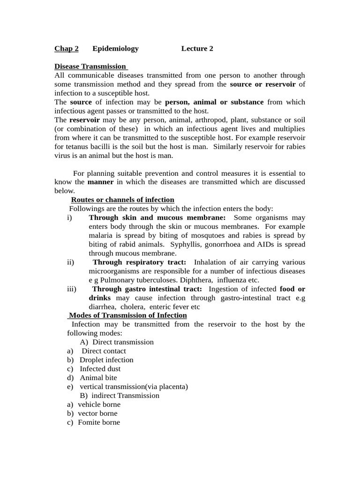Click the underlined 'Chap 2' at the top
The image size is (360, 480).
click(x=67, y=49)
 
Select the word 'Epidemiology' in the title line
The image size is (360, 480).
click(x=115, y=49)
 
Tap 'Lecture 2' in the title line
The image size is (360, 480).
click(x=197, y=49)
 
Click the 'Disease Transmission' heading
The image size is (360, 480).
click(x=91, y=67)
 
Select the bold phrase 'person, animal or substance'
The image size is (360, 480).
click(x=214, y=102)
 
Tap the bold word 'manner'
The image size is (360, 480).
click(x=100, y=182)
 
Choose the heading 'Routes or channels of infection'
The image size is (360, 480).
click(x=122, y=200)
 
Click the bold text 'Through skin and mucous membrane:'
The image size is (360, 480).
click(x=157, y=217)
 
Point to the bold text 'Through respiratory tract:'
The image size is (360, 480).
click(x=139, y=262)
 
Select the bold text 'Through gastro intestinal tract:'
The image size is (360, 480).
click(x=147, y=289)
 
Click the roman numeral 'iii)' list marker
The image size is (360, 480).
click(x=72, y=289)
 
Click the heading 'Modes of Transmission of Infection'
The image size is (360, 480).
click(x=127, y=315)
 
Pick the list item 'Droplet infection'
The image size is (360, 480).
click(x=106, y=360)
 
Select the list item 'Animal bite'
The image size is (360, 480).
click(x=98, y=378)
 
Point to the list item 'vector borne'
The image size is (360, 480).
click(x=97, y=413)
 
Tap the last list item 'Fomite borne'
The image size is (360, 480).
click(x=99, y=422)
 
